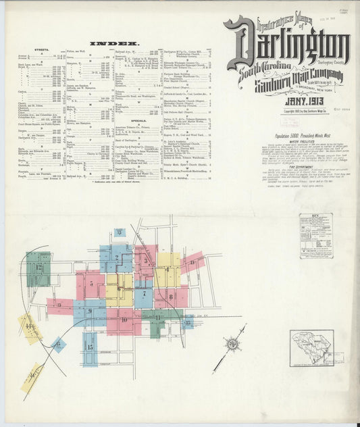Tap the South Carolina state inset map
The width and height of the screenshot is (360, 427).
tap(311, 347)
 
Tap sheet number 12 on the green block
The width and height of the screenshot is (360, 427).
tap(39, 268)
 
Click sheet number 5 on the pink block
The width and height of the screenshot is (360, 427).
tap(91, 284)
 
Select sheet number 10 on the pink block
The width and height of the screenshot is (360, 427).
tap(124, 319)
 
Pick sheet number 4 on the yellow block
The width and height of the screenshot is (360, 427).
tap(167, 268)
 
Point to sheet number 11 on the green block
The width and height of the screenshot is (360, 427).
tap(157, 317)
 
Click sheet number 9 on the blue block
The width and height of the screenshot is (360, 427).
tap(89, 311)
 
